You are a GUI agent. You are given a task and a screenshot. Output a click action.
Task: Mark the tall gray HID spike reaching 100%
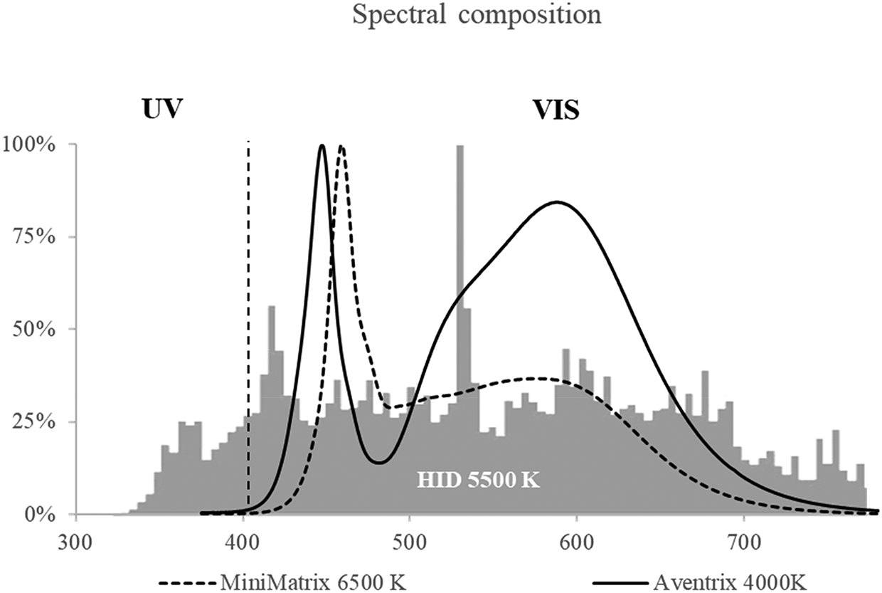(x=459, y=214)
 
